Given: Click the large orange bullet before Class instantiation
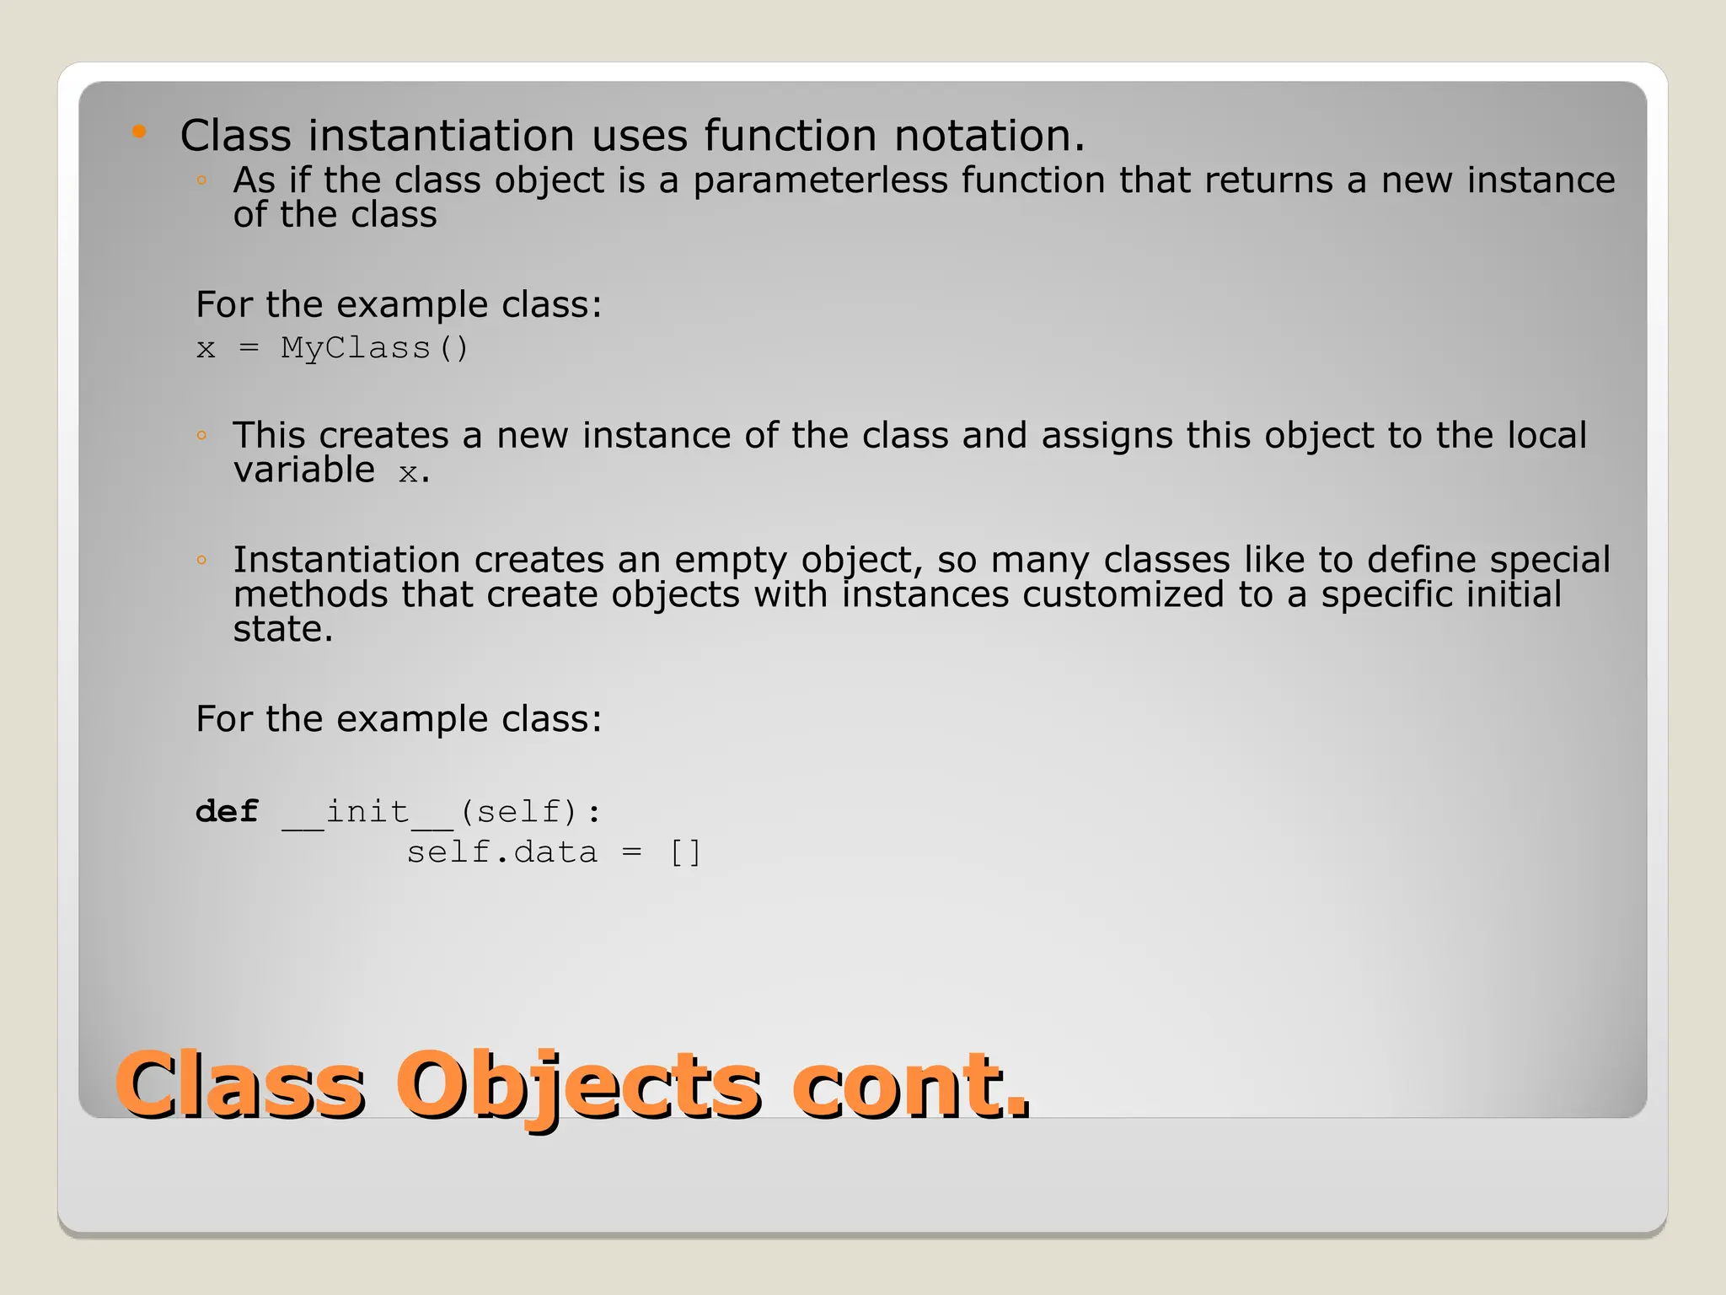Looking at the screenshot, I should coord(140,132).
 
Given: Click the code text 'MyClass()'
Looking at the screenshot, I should coord(374,348).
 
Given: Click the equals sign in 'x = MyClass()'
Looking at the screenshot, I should coord(249,348).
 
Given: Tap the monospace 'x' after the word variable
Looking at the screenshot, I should coord(408,473).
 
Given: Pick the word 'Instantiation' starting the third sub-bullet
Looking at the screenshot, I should coord(346,561).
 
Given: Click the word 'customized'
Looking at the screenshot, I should coord(1123,595).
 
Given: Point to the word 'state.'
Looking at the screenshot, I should coord(283,630).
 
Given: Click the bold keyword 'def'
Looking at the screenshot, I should coord(227,812).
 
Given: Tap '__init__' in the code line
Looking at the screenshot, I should coord(367,813).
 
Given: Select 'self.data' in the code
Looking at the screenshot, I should coord(502,853).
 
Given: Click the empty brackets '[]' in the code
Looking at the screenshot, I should coord(685,853).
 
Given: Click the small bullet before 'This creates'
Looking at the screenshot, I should coord(201,436).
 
